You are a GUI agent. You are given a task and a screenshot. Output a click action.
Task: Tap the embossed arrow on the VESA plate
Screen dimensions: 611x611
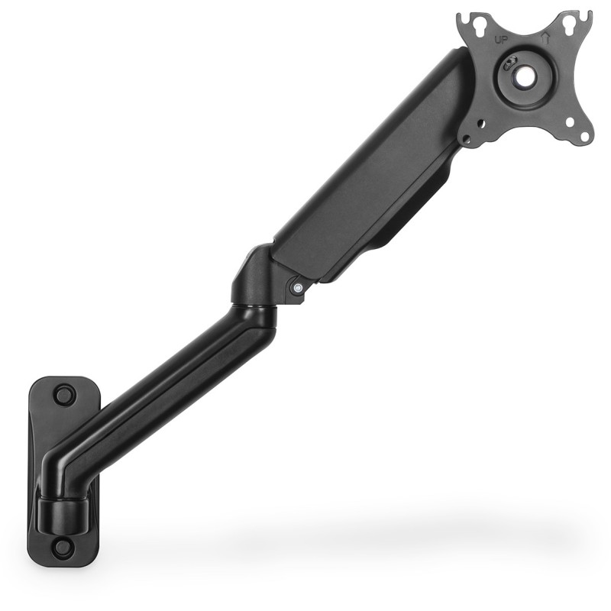click(x=545, y=36)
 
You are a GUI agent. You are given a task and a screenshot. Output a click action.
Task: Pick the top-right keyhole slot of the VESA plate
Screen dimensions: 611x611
click(x=569, y=25)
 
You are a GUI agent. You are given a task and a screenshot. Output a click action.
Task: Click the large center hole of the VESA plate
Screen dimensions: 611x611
click(x=525, y=77)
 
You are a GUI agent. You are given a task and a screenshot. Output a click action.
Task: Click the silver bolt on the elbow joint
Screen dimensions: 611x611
click(x=298, y=288)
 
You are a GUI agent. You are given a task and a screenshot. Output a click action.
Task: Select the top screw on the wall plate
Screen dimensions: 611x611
click(x=64, y=395)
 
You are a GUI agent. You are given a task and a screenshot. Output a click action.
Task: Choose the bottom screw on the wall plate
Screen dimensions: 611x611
click(x=63, y=546)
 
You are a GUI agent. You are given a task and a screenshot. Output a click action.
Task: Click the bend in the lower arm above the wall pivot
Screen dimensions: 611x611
click(x=65, y=470)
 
